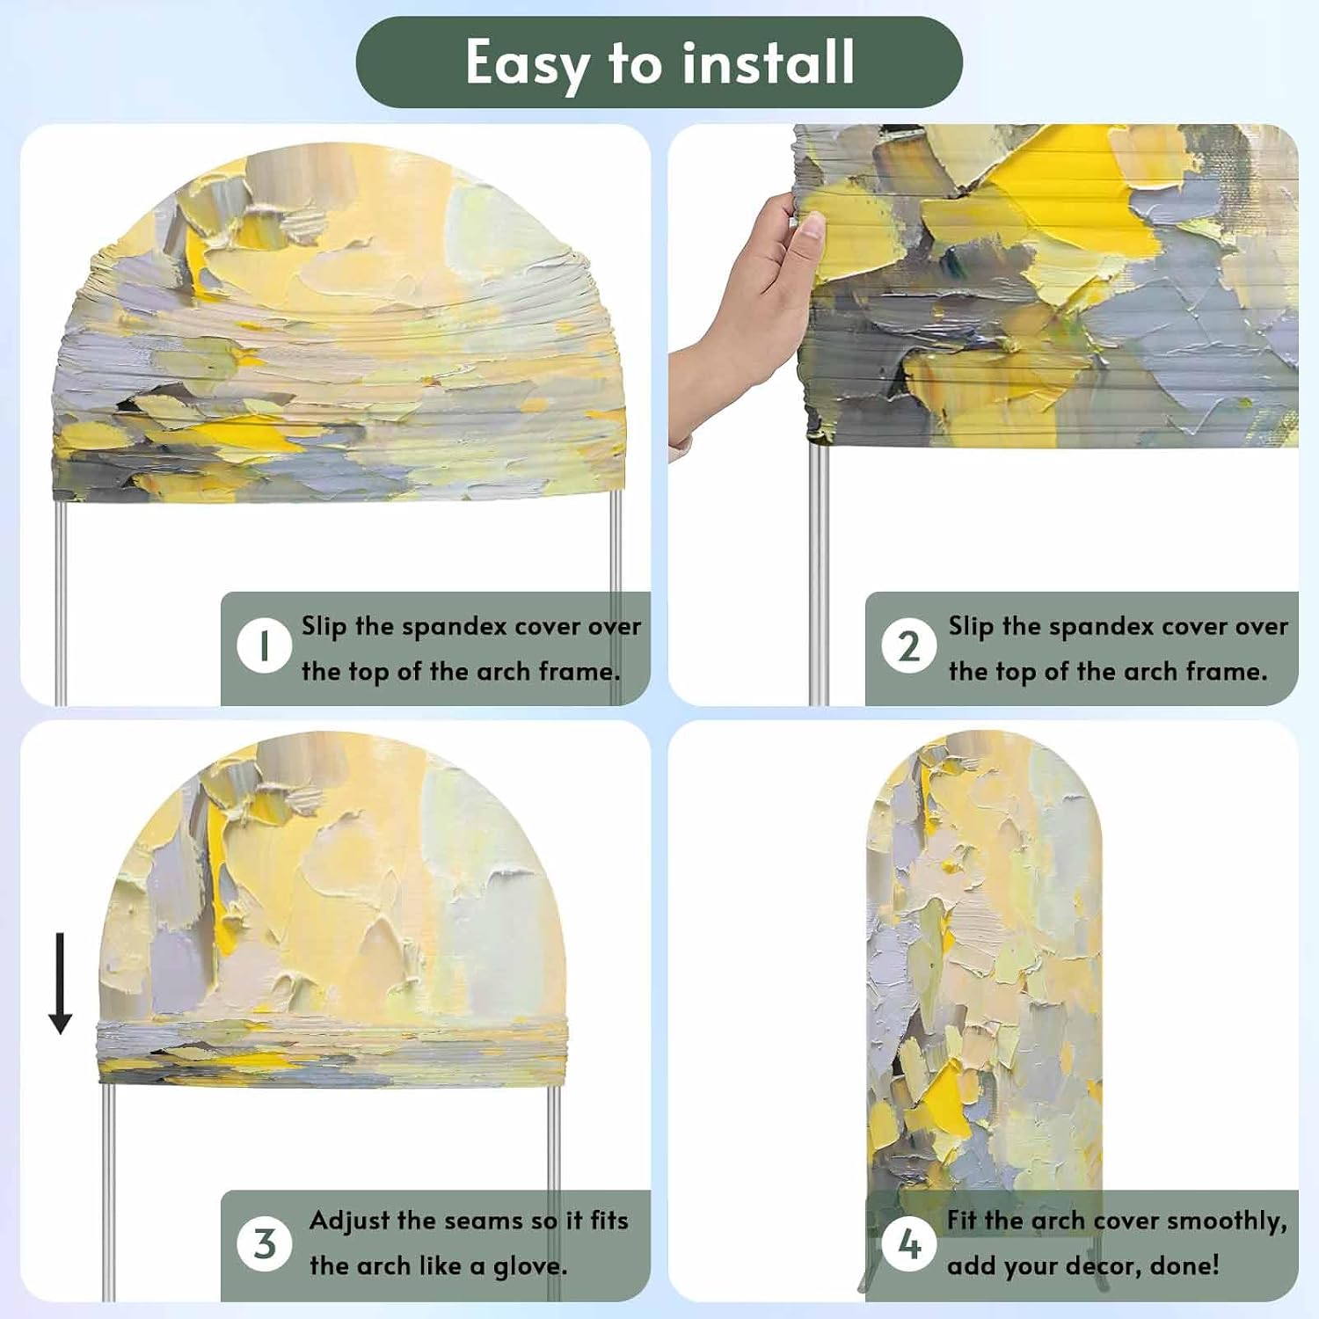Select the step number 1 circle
264,645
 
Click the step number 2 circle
909,645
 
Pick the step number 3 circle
264,1243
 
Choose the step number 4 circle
909,1243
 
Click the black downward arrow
60,983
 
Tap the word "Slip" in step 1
324,627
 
